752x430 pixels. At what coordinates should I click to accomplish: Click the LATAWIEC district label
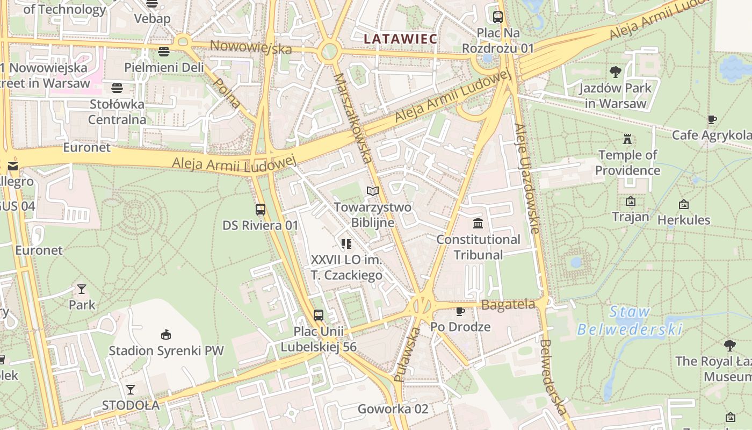click(400, 39)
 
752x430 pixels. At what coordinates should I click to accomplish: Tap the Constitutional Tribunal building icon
click(478, 223)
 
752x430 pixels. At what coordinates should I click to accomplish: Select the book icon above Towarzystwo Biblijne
click(373, 191)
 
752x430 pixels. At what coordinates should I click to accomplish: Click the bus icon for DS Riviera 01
click(261, 209)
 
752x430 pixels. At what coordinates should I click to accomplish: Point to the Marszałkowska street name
click(353, 118)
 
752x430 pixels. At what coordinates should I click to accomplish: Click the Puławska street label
click(407, 355)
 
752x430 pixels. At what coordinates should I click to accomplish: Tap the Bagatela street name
click(508, 305)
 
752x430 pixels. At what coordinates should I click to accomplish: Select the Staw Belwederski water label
click(630, 320)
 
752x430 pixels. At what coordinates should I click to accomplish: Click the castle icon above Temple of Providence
click(627, 139)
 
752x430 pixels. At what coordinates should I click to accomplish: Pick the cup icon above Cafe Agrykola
click(712, 119)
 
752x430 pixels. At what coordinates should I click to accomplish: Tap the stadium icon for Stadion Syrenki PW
click(166, 334)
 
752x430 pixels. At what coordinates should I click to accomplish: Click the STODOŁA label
click(131, 405)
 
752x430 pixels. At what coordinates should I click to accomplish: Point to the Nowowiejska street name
click(251, 47)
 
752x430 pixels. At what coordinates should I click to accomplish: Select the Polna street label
click(227, 92)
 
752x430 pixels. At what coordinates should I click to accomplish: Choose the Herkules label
click(684, 220)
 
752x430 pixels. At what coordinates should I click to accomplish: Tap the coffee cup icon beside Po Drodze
click(460, 311)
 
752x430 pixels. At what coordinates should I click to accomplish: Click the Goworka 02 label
click(393, 409)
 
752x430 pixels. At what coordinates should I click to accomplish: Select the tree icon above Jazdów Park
click(616, 71)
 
